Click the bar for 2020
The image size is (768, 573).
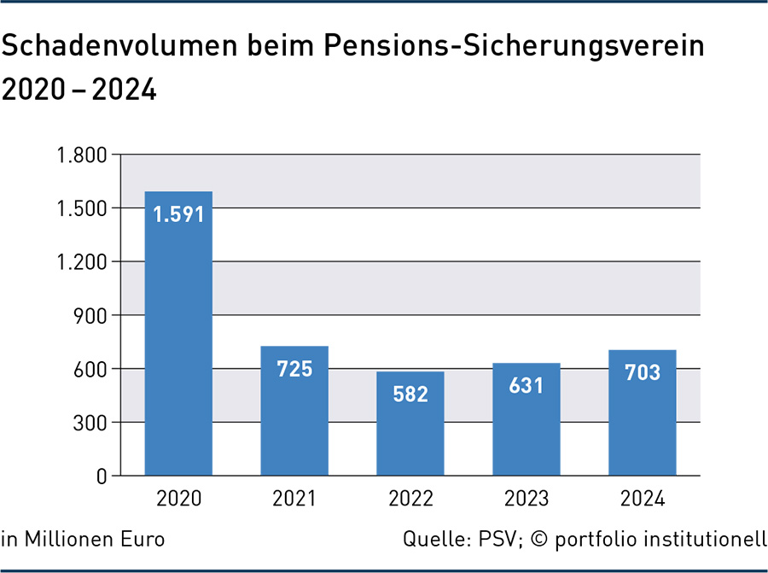178,333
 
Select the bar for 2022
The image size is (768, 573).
410,424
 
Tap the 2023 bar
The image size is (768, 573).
527,419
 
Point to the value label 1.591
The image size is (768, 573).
178,214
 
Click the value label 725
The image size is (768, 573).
294,369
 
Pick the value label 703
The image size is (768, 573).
643,372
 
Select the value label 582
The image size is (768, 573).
410,394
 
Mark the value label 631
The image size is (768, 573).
527,386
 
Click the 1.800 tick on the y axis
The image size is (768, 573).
82,155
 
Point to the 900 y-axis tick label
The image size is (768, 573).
90,316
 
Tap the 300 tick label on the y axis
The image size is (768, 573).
90,423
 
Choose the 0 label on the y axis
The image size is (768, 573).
102,477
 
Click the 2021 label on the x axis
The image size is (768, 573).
294,499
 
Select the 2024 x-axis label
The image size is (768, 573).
643,499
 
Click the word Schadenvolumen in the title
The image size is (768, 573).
119,45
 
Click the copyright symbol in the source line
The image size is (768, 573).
539,539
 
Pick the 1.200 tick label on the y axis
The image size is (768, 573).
82,263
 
